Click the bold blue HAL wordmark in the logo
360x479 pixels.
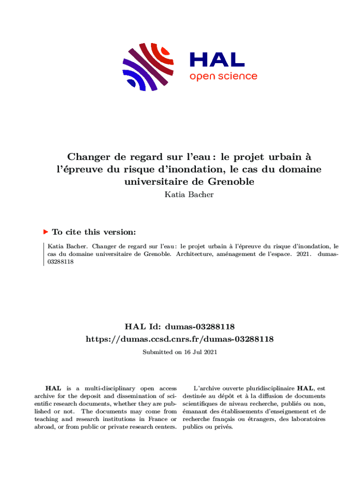216,59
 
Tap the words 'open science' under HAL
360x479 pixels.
223,76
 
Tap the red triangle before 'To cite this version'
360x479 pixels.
45,232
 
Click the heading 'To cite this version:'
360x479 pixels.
94,232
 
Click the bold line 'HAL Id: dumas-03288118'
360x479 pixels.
180,326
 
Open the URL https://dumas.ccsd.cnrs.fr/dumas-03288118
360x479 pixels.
180,338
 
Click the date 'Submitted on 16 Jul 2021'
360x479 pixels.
180,352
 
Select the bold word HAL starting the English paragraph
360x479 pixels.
52,388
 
